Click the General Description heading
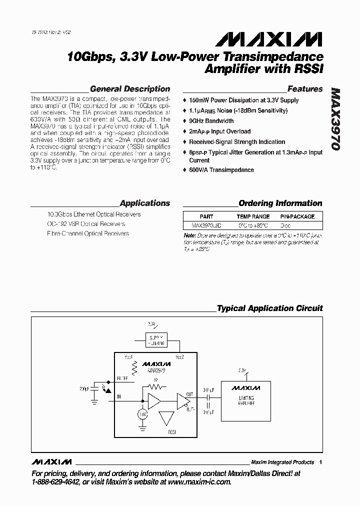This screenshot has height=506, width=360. [x=129, y=89]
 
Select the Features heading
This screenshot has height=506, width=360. [x=304, y=89]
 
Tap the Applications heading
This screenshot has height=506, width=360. [x=144, y=203]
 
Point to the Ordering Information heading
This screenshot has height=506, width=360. [x=280, y=203]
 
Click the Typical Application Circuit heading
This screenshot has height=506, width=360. [x=269, y=308]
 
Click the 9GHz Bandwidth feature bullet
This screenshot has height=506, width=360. [x=210, y=121]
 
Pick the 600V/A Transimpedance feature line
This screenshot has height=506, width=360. [x=221, y=170]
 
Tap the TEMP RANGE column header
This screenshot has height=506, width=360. [x=253, y=217]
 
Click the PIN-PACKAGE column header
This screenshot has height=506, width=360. [x=297, y=217]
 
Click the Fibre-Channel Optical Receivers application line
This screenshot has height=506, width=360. [x=87, y=233]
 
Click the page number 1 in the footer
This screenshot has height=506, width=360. [x=320, y=462]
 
